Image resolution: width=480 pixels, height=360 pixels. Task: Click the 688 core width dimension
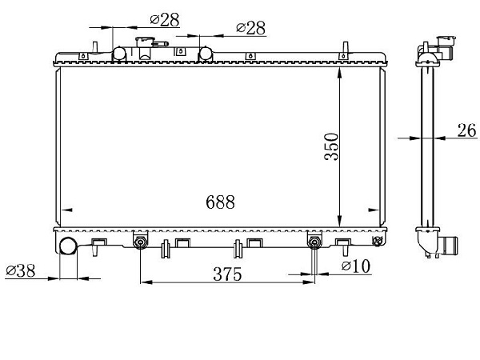click(x=221, y=202)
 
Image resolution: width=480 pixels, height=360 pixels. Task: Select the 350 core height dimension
click(x=331, y=146)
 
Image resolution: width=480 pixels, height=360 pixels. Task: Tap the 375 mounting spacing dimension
click(x=227, y=274)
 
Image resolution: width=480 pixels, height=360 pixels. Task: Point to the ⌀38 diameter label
click(x=21, y=270)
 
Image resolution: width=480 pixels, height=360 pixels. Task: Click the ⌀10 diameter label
click(x=356, y=266)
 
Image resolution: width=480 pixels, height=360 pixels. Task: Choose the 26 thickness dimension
click(x=467, y=130)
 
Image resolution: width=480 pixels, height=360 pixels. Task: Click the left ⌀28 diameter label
click(x=165, y=20)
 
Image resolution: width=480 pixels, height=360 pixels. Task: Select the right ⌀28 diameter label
click(x=250, y=28)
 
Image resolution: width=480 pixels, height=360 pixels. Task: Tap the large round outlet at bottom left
click(x=68, y=246)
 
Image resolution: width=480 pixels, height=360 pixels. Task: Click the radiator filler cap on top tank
click(x=146, y=42)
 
